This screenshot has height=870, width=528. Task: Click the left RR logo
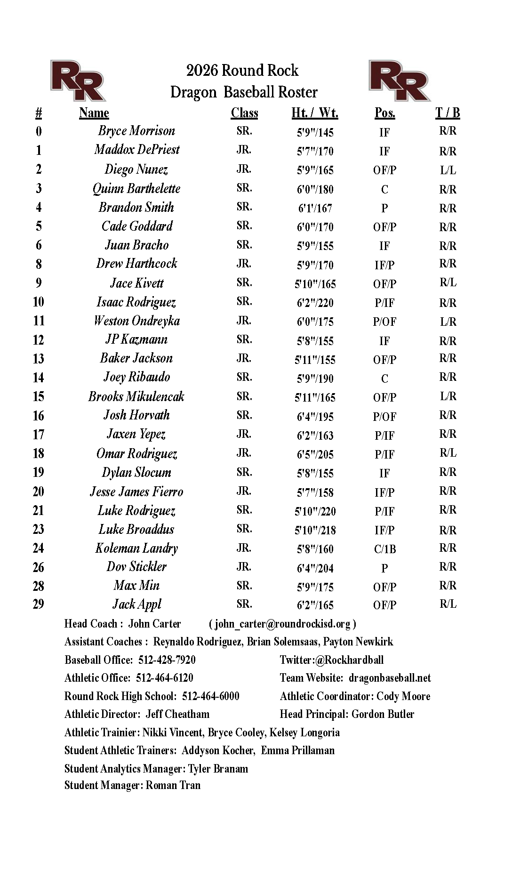[78, 80]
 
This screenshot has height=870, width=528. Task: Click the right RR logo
[399, 80]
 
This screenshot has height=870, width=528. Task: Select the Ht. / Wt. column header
[315, 113]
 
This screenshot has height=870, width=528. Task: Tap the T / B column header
[448, 113]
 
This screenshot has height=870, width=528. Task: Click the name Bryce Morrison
[136, 131]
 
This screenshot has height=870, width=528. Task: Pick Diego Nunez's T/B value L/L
[448, 170]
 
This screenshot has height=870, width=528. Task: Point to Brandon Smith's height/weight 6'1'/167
[315, 208]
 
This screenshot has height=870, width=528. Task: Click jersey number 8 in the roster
[39, 264]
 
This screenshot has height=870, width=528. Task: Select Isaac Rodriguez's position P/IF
[384, 303]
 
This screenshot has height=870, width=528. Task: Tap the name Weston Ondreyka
[136, 321]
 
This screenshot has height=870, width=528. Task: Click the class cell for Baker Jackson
[244, 358]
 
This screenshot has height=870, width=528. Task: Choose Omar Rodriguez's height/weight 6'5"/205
[315, 454]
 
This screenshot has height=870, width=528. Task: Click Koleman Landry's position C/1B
[384, 549]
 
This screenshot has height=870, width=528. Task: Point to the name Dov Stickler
[136, 567]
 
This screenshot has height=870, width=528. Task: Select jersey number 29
[39, 604]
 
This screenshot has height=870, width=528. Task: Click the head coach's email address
[282, 624]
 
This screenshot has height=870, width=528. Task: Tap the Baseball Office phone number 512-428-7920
[167, 660]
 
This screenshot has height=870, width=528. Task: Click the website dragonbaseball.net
[390, 678]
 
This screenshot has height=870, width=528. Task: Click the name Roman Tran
[173, 785]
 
